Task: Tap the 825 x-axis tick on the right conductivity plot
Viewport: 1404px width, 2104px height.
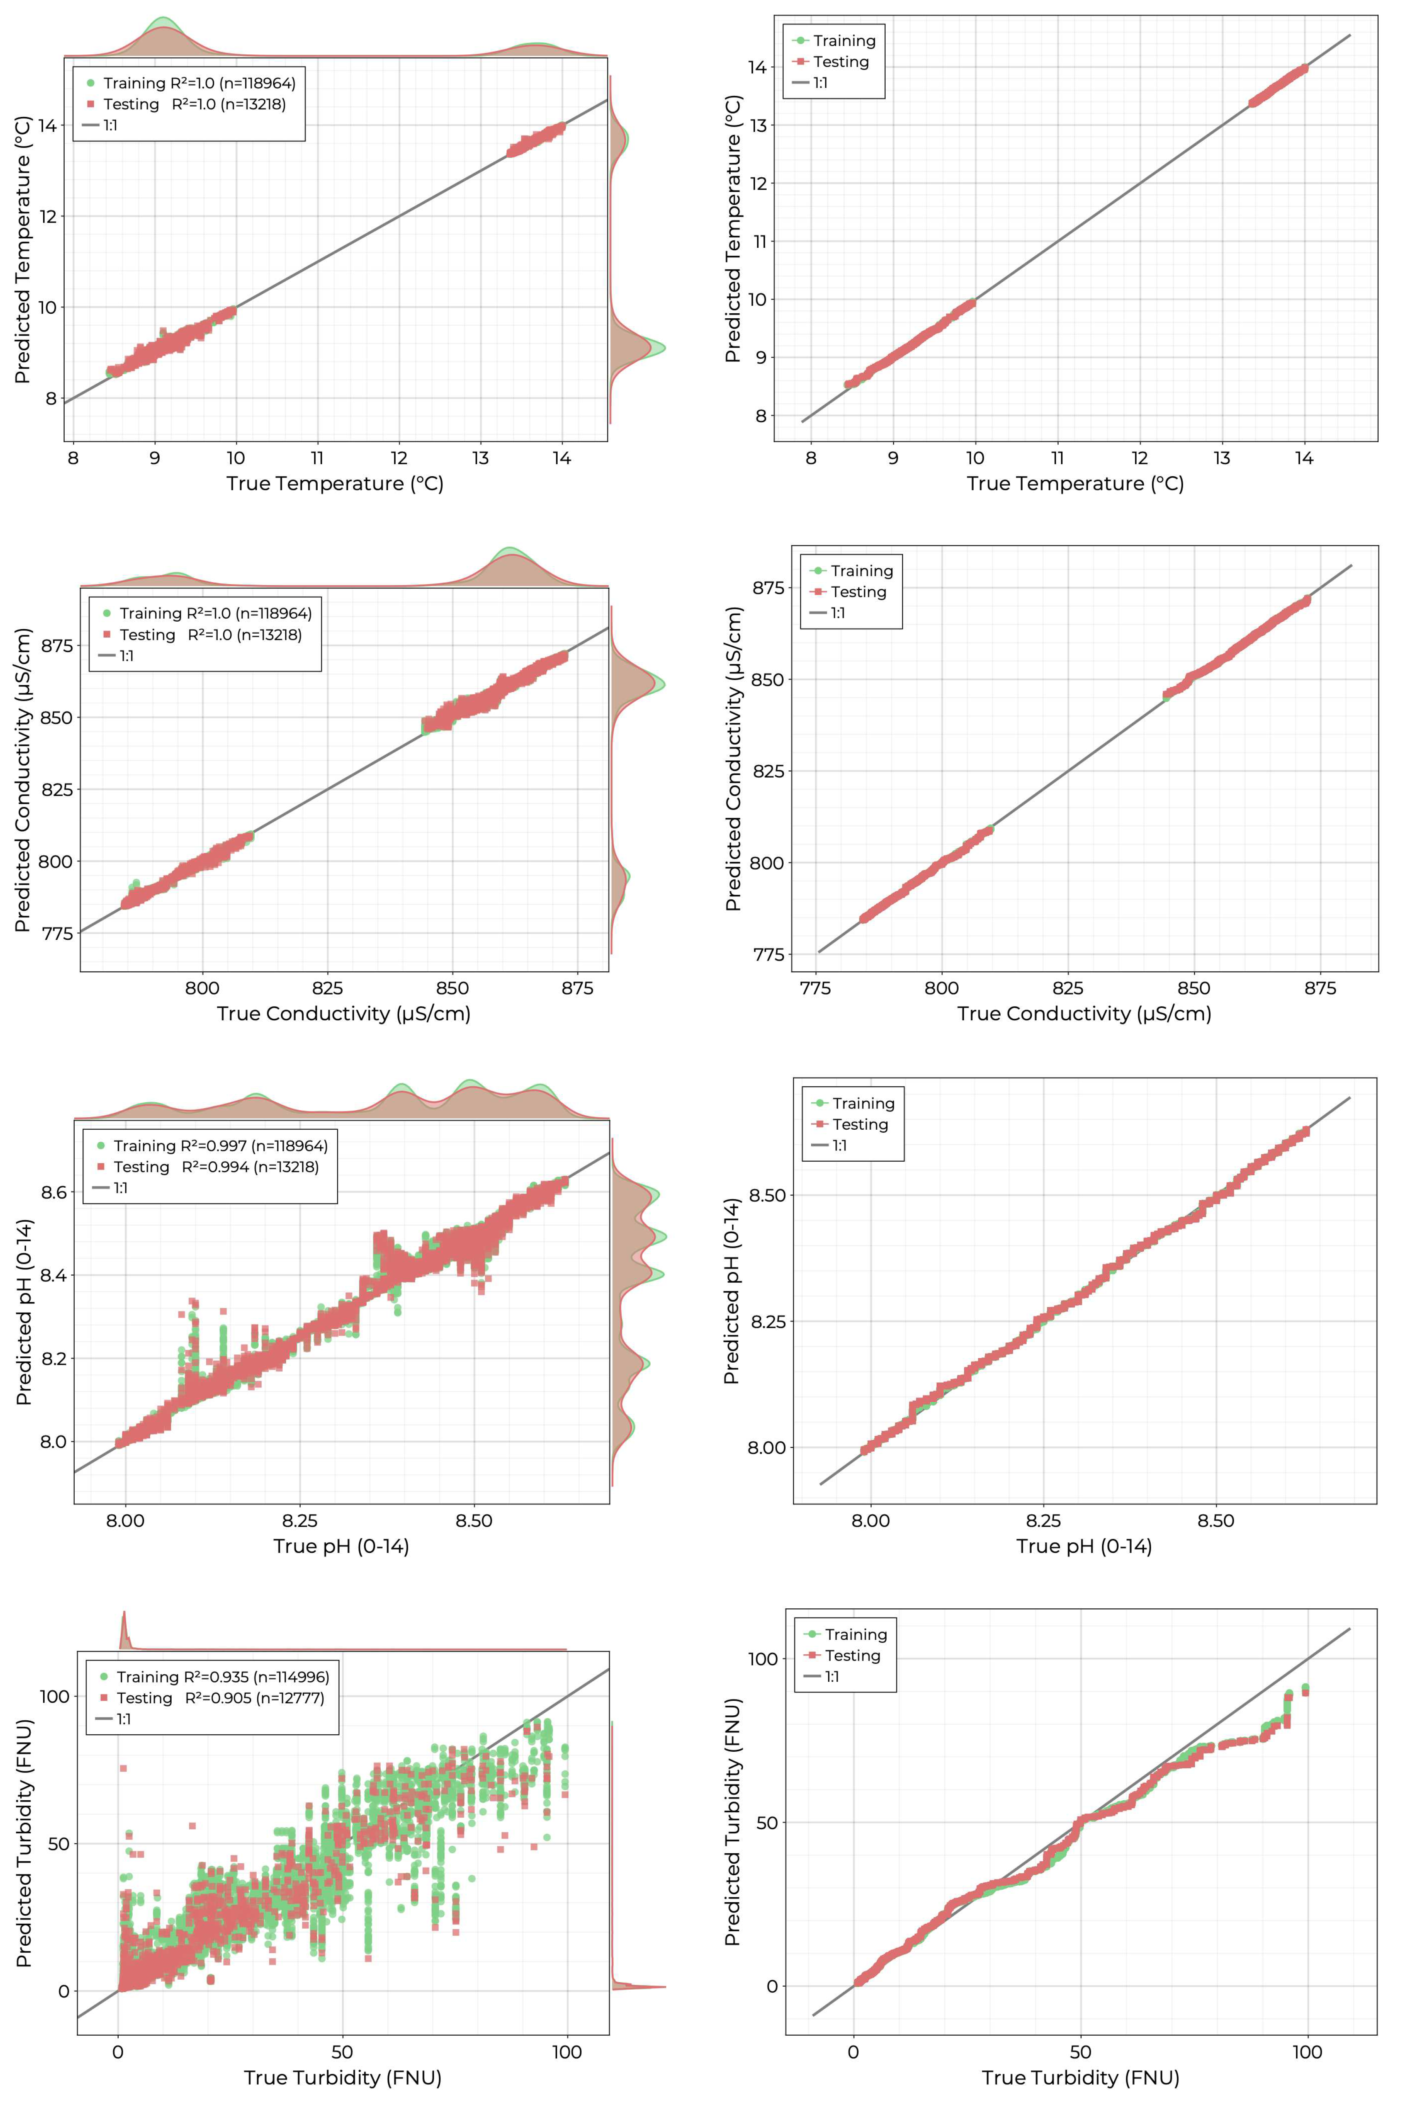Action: [1067, 988]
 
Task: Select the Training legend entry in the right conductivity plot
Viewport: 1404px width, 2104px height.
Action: [860, 571]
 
